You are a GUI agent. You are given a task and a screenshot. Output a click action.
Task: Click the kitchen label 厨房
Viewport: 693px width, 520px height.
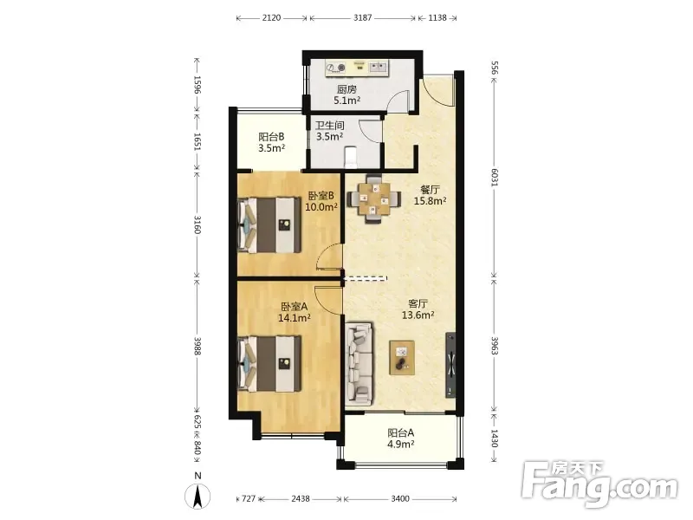point(346,89)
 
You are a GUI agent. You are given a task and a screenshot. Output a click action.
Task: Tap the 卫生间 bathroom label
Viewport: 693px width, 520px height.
point(330,126)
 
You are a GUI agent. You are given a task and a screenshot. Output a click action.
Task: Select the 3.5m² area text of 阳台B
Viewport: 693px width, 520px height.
point(271,148)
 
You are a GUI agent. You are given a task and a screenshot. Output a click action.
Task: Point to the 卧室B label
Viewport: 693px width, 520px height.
point(321,196)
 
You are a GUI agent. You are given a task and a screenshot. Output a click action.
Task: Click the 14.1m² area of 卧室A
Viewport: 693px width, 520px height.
point(294,317)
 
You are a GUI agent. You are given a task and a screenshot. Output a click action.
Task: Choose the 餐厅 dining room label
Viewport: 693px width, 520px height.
point(430,190)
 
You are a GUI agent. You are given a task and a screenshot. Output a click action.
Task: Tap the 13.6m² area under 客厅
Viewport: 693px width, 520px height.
point(418,315)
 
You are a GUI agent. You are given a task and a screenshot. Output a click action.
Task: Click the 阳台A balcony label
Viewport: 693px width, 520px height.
point(401,432)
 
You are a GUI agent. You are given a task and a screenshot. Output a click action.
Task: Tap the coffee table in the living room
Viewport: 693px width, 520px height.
point(402,358)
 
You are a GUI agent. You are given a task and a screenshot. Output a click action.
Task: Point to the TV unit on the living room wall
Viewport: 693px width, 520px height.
point(450,364)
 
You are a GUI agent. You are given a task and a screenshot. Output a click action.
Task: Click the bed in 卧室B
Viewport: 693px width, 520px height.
point(269,225)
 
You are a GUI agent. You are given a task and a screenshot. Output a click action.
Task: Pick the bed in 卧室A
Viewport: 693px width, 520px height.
point(269,364)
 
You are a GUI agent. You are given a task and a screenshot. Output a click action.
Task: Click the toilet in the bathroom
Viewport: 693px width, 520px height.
point(351,157)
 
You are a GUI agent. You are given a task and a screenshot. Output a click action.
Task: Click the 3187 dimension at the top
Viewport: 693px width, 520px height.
point(362,17)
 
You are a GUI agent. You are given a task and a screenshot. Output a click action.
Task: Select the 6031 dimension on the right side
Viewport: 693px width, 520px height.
point(495,178)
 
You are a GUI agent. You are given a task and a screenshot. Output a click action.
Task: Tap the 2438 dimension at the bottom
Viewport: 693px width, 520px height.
point(301,499)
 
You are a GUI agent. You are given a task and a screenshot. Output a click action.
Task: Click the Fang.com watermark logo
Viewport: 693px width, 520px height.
point(600,484)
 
